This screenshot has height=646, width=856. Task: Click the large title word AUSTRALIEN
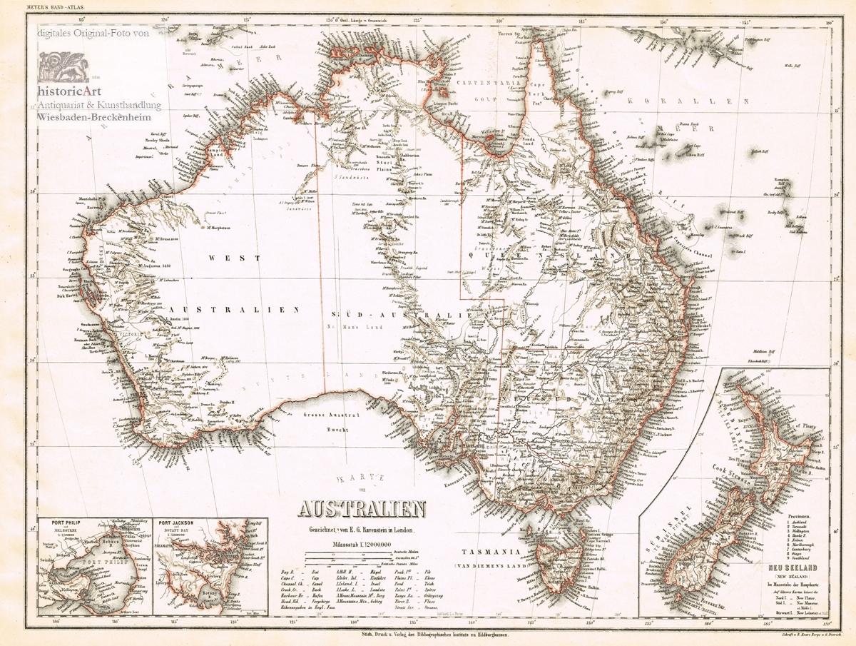362,510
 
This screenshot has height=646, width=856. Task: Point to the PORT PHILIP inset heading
61,522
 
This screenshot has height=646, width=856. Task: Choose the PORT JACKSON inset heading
177,522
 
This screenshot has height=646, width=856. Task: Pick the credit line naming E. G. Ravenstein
362,529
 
